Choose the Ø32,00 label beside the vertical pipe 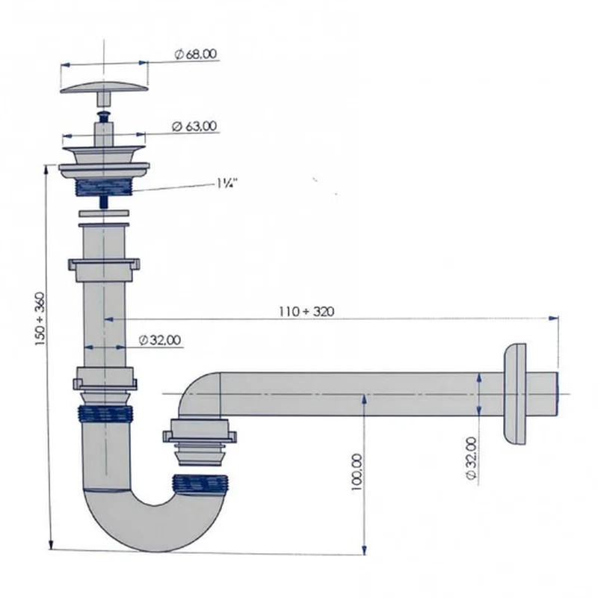[x=160, y=341]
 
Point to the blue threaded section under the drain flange [x=105, y=185]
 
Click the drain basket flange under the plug [x=104, y=160]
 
